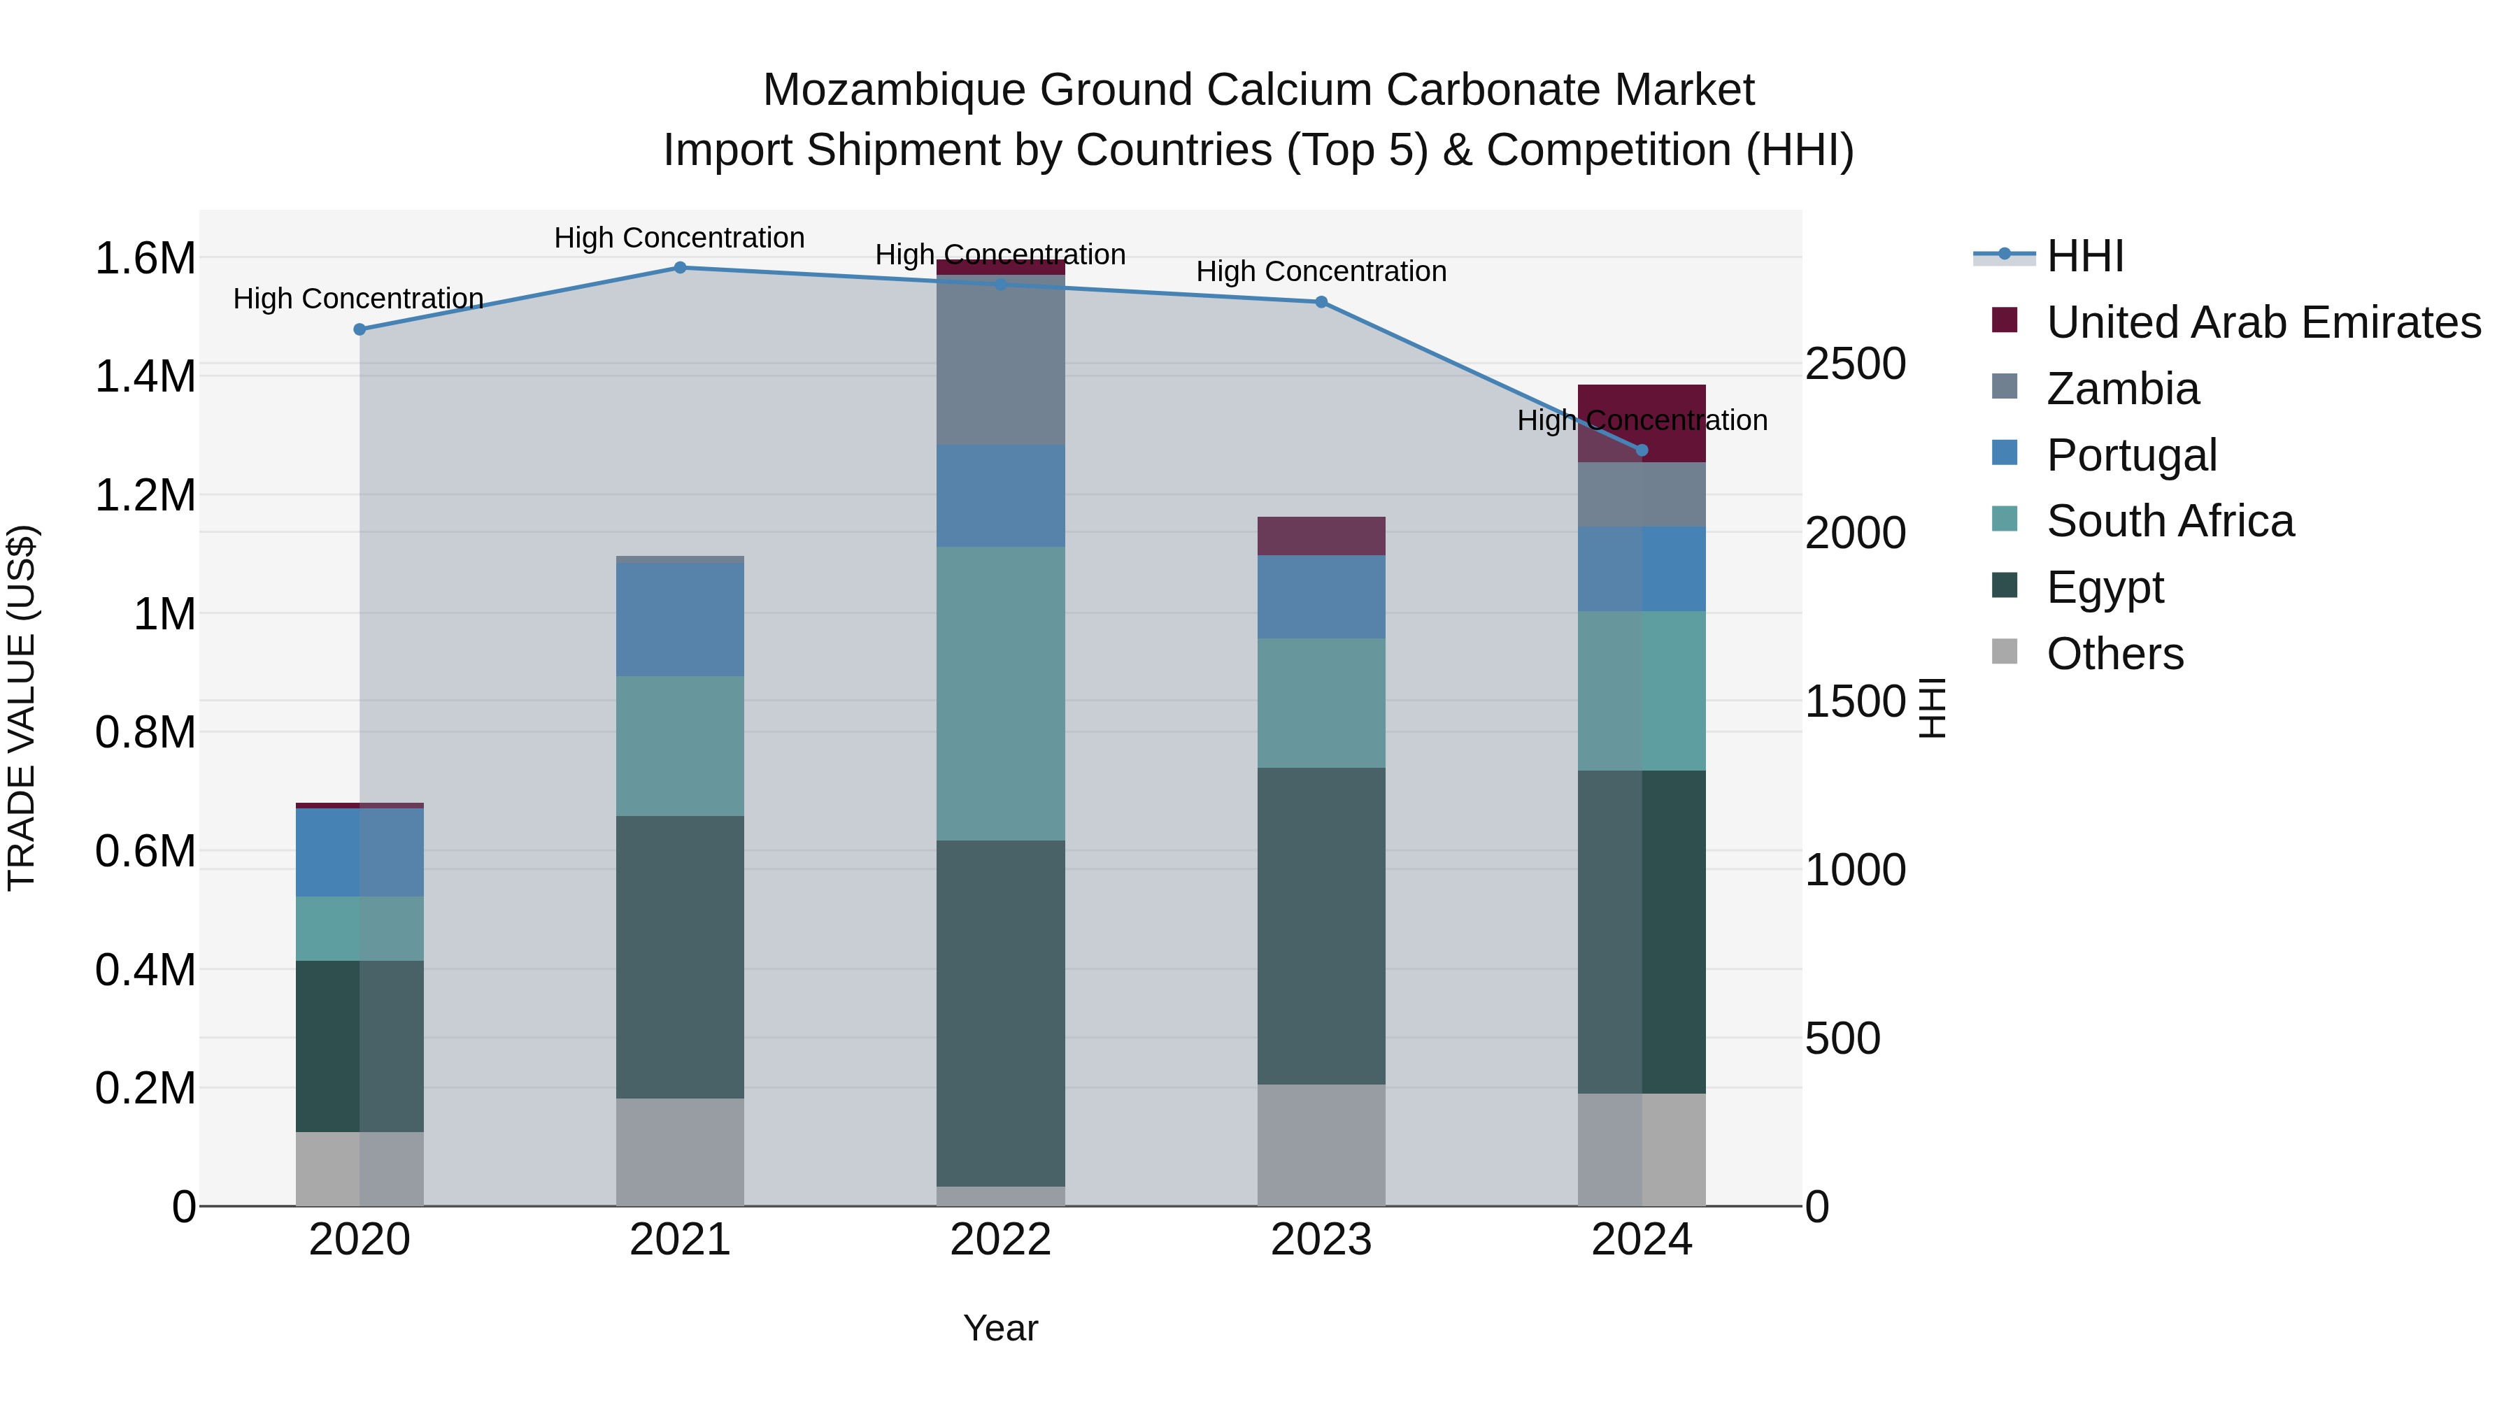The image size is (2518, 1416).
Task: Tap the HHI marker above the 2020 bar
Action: coord(359,329)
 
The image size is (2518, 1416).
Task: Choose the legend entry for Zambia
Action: coord(2122,389)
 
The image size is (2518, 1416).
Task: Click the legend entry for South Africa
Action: coord(2169,521)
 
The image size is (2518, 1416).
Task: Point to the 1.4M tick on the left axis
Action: coord(145,376)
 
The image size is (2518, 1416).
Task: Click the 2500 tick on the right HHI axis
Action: coord(1854,364)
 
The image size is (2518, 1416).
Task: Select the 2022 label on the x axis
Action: coord(1000,1239)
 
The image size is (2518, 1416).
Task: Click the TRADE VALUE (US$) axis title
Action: coord(22,708)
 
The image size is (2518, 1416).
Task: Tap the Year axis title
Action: coord(1000,1328)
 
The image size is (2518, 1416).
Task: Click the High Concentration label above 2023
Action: coord(1321,272)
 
